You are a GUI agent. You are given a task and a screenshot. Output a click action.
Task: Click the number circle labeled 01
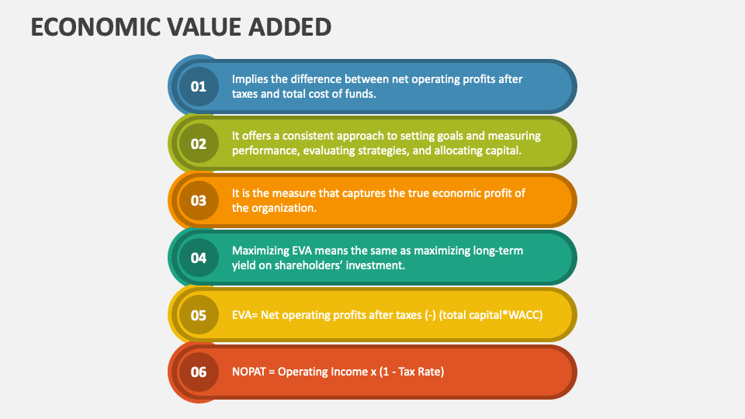click(x=199, y=86)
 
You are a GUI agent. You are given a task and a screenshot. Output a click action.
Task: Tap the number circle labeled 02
click(x=199, y=144)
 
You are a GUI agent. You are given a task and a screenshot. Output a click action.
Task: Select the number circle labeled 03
click(x=199, y=200)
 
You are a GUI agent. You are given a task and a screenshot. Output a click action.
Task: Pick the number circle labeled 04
click(x=199, y=258)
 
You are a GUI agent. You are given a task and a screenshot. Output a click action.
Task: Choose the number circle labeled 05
click(x=199, y=315)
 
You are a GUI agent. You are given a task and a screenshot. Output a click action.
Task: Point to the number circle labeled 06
click(x=199, y=372)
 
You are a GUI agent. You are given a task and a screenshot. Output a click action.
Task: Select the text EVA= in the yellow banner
click(x=244, y=315)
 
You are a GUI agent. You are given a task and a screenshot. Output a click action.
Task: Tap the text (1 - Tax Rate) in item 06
click(x=411, y=372)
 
